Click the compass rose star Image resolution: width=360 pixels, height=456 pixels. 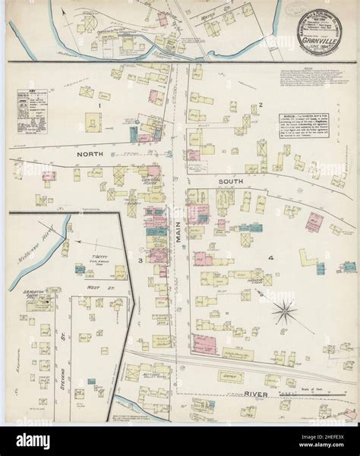click(x=283, y=310)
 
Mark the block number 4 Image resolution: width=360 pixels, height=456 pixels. click(x=269, y=259)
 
